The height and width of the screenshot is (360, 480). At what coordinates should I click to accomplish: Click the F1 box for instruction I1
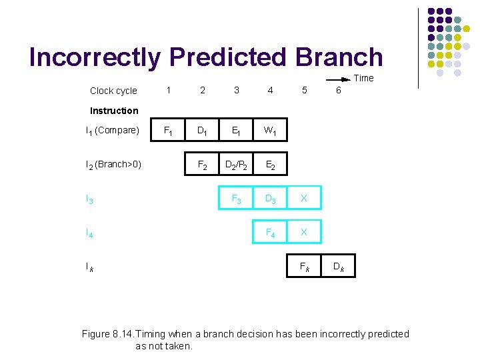click(169, 131)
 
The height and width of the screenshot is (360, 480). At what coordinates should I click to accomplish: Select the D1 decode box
click(203, 131)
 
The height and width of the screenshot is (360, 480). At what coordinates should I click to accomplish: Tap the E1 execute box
click(236, 131)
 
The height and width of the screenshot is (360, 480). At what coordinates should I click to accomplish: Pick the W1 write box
click(270, 131)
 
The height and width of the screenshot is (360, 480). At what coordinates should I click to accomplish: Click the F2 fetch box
click(203, 164)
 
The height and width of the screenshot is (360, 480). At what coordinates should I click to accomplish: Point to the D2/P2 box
click(236, 164)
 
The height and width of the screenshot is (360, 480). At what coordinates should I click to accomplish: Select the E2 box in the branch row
click(270, 164)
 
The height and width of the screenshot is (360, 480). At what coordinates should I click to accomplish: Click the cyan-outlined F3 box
click(236, 198)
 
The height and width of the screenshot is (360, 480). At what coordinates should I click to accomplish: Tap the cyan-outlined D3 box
click(270, 198)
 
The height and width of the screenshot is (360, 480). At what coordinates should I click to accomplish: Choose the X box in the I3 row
click(304, 198)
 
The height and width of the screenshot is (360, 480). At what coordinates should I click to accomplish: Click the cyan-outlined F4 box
click(270, 232)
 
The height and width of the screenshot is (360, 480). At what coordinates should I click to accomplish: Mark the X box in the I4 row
click(304, 232)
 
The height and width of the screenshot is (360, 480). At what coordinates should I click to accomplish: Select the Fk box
click(304, 266)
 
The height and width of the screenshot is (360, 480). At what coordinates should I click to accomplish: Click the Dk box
click(338, 266)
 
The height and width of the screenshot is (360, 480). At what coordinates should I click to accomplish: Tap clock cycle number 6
click(338, 90)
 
